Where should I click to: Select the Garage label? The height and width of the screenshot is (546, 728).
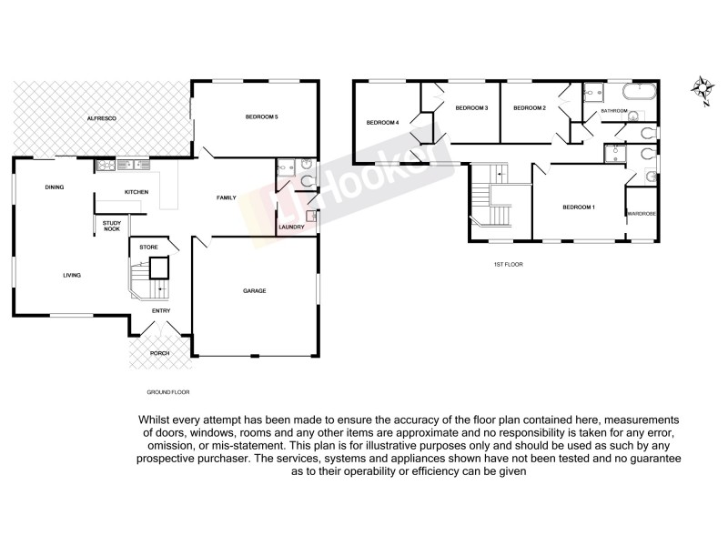[x=254, y=290]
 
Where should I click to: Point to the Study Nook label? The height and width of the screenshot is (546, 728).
[x=112, y=227]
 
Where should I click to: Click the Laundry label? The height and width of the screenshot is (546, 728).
[x=291, y=227]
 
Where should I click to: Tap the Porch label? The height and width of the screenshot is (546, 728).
[x=160, y=352]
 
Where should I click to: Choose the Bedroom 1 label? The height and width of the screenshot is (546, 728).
[x=579, y=207]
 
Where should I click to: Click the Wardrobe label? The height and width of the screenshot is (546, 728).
[x=642, y=213]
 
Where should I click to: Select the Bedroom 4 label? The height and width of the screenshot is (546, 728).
[x=383, y=123]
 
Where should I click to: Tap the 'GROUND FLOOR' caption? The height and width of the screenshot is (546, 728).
[x=167, y=391]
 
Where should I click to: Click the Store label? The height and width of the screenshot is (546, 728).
[x=148, y=247]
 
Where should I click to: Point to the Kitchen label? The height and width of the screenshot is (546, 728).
[x=136, y=192]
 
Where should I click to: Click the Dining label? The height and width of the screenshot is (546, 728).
[x=54, y=187]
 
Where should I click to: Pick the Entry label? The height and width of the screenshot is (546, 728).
[x=161, y=311]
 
